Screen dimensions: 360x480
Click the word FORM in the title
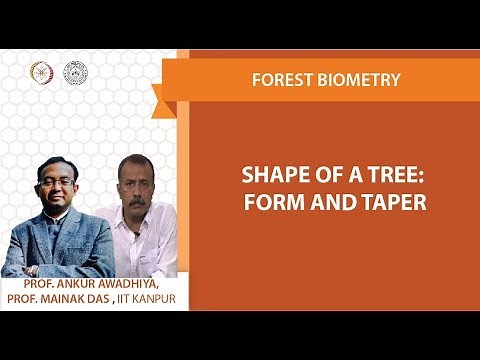pyautogui.click(x=274, y=201)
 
